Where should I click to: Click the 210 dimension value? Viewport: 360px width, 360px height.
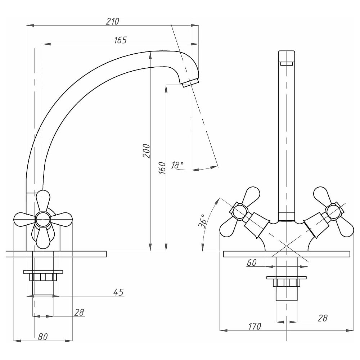112,22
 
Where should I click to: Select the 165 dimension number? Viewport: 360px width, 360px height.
120,40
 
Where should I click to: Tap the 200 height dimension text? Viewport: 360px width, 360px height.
146,150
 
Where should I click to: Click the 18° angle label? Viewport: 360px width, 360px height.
177,165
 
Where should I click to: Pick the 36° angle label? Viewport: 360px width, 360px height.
202,221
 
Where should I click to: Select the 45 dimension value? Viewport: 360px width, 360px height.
118,292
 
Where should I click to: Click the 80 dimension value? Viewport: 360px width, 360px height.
43,337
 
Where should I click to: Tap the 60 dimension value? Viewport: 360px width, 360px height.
252,263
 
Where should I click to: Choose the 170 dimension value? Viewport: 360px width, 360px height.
254,327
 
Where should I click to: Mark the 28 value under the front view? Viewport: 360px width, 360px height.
323,318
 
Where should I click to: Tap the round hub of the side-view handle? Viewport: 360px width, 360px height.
43,219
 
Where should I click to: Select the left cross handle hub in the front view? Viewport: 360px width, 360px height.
239,212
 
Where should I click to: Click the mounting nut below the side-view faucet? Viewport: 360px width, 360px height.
43,277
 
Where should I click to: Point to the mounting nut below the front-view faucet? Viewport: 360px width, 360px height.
286,282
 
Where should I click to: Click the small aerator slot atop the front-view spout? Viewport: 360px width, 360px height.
287,64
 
